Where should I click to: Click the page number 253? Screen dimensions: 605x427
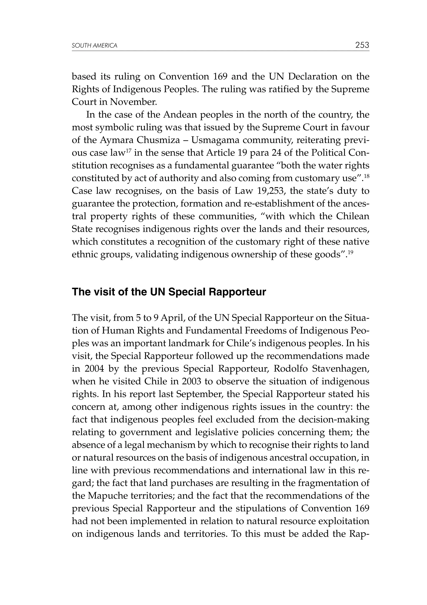362,45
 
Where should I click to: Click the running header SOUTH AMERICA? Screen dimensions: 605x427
94,46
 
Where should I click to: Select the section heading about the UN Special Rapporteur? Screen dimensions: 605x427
169,292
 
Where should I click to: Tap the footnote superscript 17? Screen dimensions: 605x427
128,151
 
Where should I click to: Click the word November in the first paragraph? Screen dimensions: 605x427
133,102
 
